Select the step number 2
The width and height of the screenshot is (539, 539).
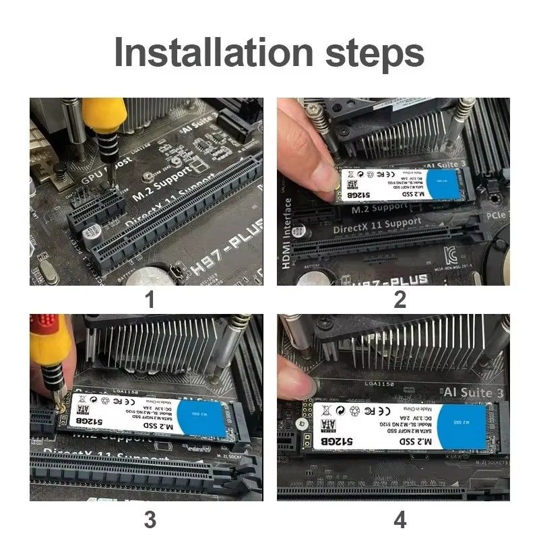tap(400, 298)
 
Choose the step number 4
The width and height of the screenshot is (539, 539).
tap(400, 519)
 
